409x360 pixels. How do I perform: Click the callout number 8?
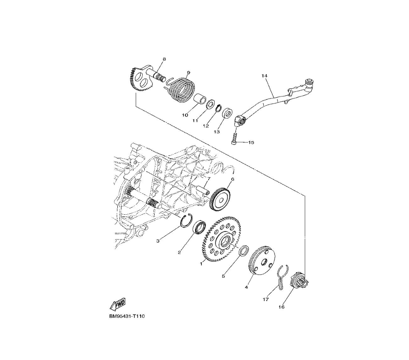[x=164, y=59]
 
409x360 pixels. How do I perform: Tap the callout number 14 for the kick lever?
[x=264, y=76]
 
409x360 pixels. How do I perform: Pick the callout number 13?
[x=216, y=132]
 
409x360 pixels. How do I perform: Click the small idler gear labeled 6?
[x=221, y=200]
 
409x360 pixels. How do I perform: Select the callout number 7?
[x=208, y=179]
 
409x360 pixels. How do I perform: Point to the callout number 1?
[x=201, y=264]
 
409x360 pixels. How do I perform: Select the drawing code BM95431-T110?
[x=127, y=317]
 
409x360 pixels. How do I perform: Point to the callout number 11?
[x=196, y=121]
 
